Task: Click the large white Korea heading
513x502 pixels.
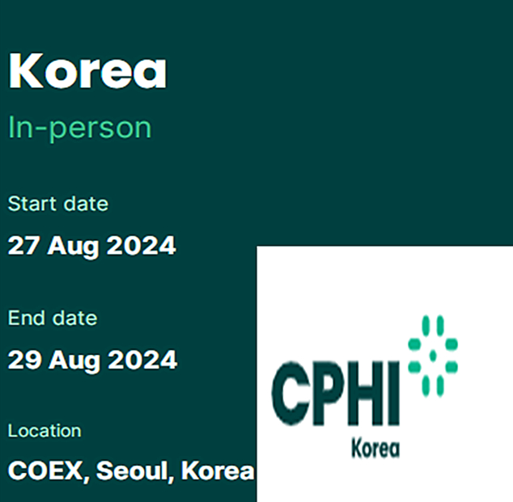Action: click(x=87, y=70)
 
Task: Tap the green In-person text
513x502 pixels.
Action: click(x=80, y=128)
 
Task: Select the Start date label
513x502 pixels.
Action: click(x=58, y=204)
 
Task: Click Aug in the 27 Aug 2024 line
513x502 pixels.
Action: click(x=73, y=247)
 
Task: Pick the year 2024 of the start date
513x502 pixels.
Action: click(x=142, y=246)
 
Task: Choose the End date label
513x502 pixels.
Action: click(x=53, y=318)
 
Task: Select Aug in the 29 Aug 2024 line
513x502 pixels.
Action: click(x=74, y=361)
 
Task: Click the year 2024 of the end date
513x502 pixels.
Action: click(x=142, y=360)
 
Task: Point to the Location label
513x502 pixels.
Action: click(x=45, y=431)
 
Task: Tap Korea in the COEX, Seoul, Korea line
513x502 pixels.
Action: click(x=218, y=470)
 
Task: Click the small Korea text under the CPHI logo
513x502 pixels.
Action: click(x=375, y=448)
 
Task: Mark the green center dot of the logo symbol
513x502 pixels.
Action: click(x=433, y=356)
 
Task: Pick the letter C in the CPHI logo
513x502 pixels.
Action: click(x=290, y=394)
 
